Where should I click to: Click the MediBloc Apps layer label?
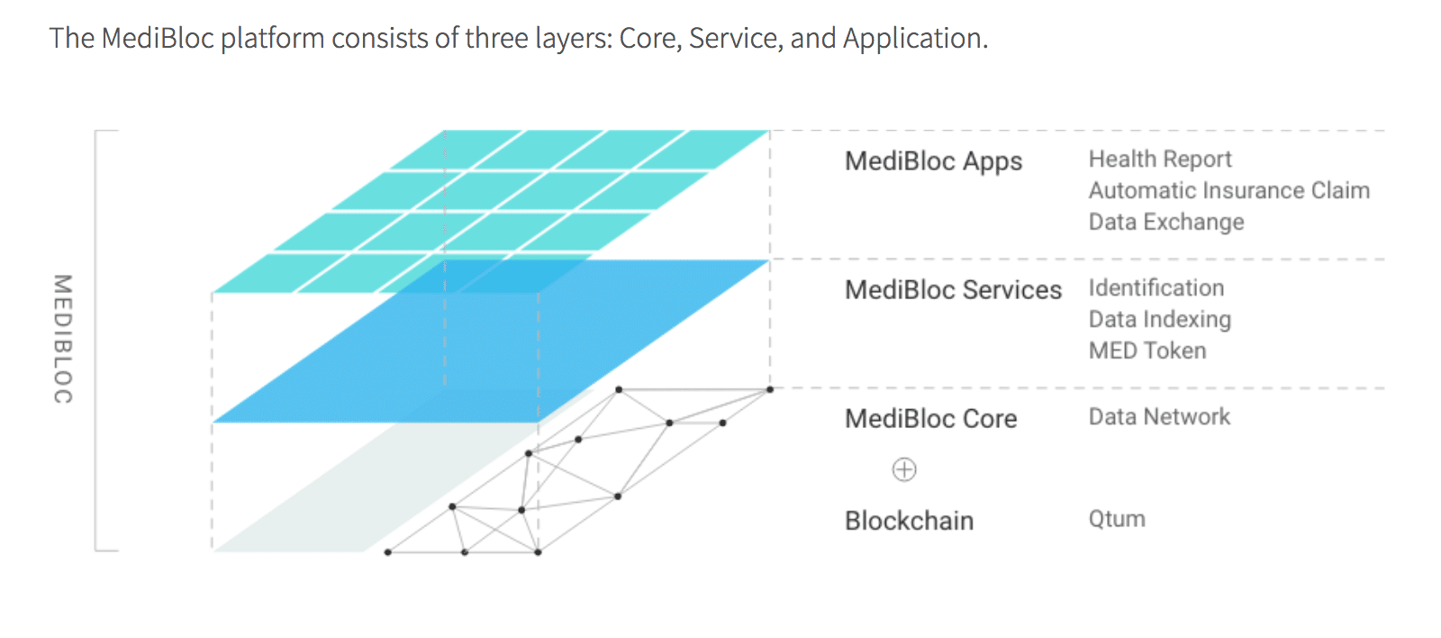tap(933, 161)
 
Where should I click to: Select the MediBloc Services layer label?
tap(953, 290)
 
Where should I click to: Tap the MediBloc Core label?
tap(930, 419)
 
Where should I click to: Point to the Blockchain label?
tap(909, 521)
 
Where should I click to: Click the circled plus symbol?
tap(904, 469)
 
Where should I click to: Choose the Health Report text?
tap(1159, 159)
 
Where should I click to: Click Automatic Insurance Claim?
tap(1228, 191)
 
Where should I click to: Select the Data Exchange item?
tap(1165, 223)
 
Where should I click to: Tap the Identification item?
tap(1156, 288)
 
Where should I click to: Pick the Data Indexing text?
tap(1159, 320)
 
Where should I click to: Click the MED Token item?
tap(1146, 351)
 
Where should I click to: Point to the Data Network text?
tap(1158, 417)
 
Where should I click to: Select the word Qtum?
tap(1117, 520)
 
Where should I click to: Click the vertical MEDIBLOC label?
tap(62, 339)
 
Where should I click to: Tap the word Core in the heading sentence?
tap(648, 39)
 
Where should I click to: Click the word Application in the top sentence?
tap(914, 39)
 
